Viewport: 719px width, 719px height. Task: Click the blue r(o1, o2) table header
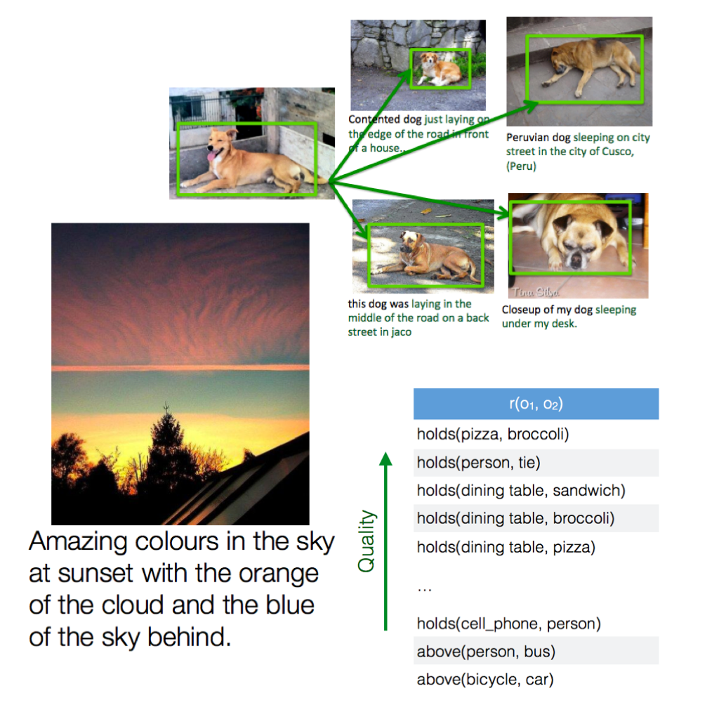tap(536, 404)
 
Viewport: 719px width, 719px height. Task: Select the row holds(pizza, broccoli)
tap(536, 434)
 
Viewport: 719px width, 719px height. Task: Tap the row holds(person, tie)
tap(536, 462)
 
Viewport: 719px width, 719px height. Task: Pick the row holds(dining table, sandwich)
tap(536, 490)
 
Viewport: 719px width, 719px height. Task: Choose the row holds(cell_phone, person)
tap(536, 624)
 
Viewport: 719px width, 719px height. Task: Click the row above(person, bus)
tap(536, 651)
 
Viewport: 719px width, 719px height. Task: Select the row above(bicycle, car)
tap(536, 679)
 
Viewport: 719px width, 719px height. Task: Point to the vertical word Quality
tap(367, 541)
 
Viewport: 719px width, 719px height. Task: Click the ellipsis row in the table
tap(425, 589)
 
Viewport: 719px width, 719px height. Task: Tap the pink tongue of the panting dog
tap(212, 157)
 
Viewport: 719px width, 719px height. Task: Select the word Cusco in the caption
tap(617, 152)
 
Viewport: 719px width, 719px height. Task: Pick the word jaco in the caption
tap(402, 332)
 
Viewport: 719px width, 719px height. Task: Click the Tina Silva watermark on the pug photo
tap(536, 292)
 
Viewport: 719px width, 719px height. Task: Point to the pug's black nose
tap(574, 261)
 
